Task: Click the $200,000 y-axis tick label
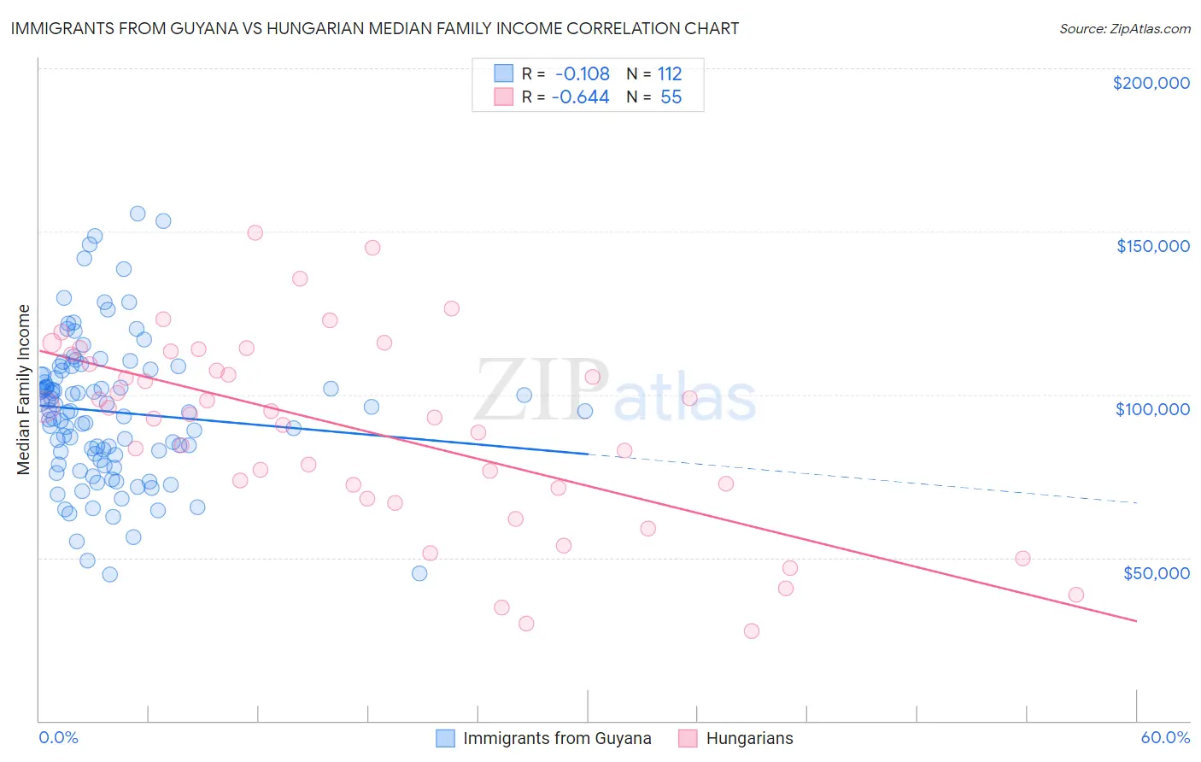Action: pos(1151,83)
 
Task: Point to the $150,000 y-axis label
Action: pos(1152,246)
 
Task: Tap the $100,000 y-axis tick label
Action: pos(1152,409)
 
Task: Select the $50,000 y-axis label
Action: pos(1156,573)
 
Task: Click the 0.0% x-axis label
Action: pos(58,738)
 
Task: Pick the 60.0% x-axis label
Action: pos(1165,738)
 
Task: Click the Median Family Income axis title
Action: pos(23,390)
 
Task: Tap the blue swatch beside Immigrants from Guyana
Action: pos(445,738)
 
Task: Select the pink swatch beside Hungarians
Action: pos(688,738)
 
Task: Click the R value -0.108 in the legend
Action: pos(582,73)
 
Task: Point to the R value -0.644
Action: pos(580,97)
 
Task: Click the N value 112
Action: pos(670,73)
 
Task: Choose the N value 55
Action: pos(671,97)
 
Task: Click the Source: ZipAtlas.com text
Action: pos(1124,29)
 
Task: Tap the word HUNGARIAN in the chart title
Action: pos(325,28)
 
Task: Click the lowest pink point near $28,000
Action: pos(752,631)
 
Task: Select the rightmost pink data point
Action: pos(1076,595)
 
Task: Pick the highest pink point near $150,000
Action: pos(255,232)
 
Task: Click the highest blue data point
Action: pos(138,214)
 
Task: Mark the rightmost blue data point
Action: pos(585,411)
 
